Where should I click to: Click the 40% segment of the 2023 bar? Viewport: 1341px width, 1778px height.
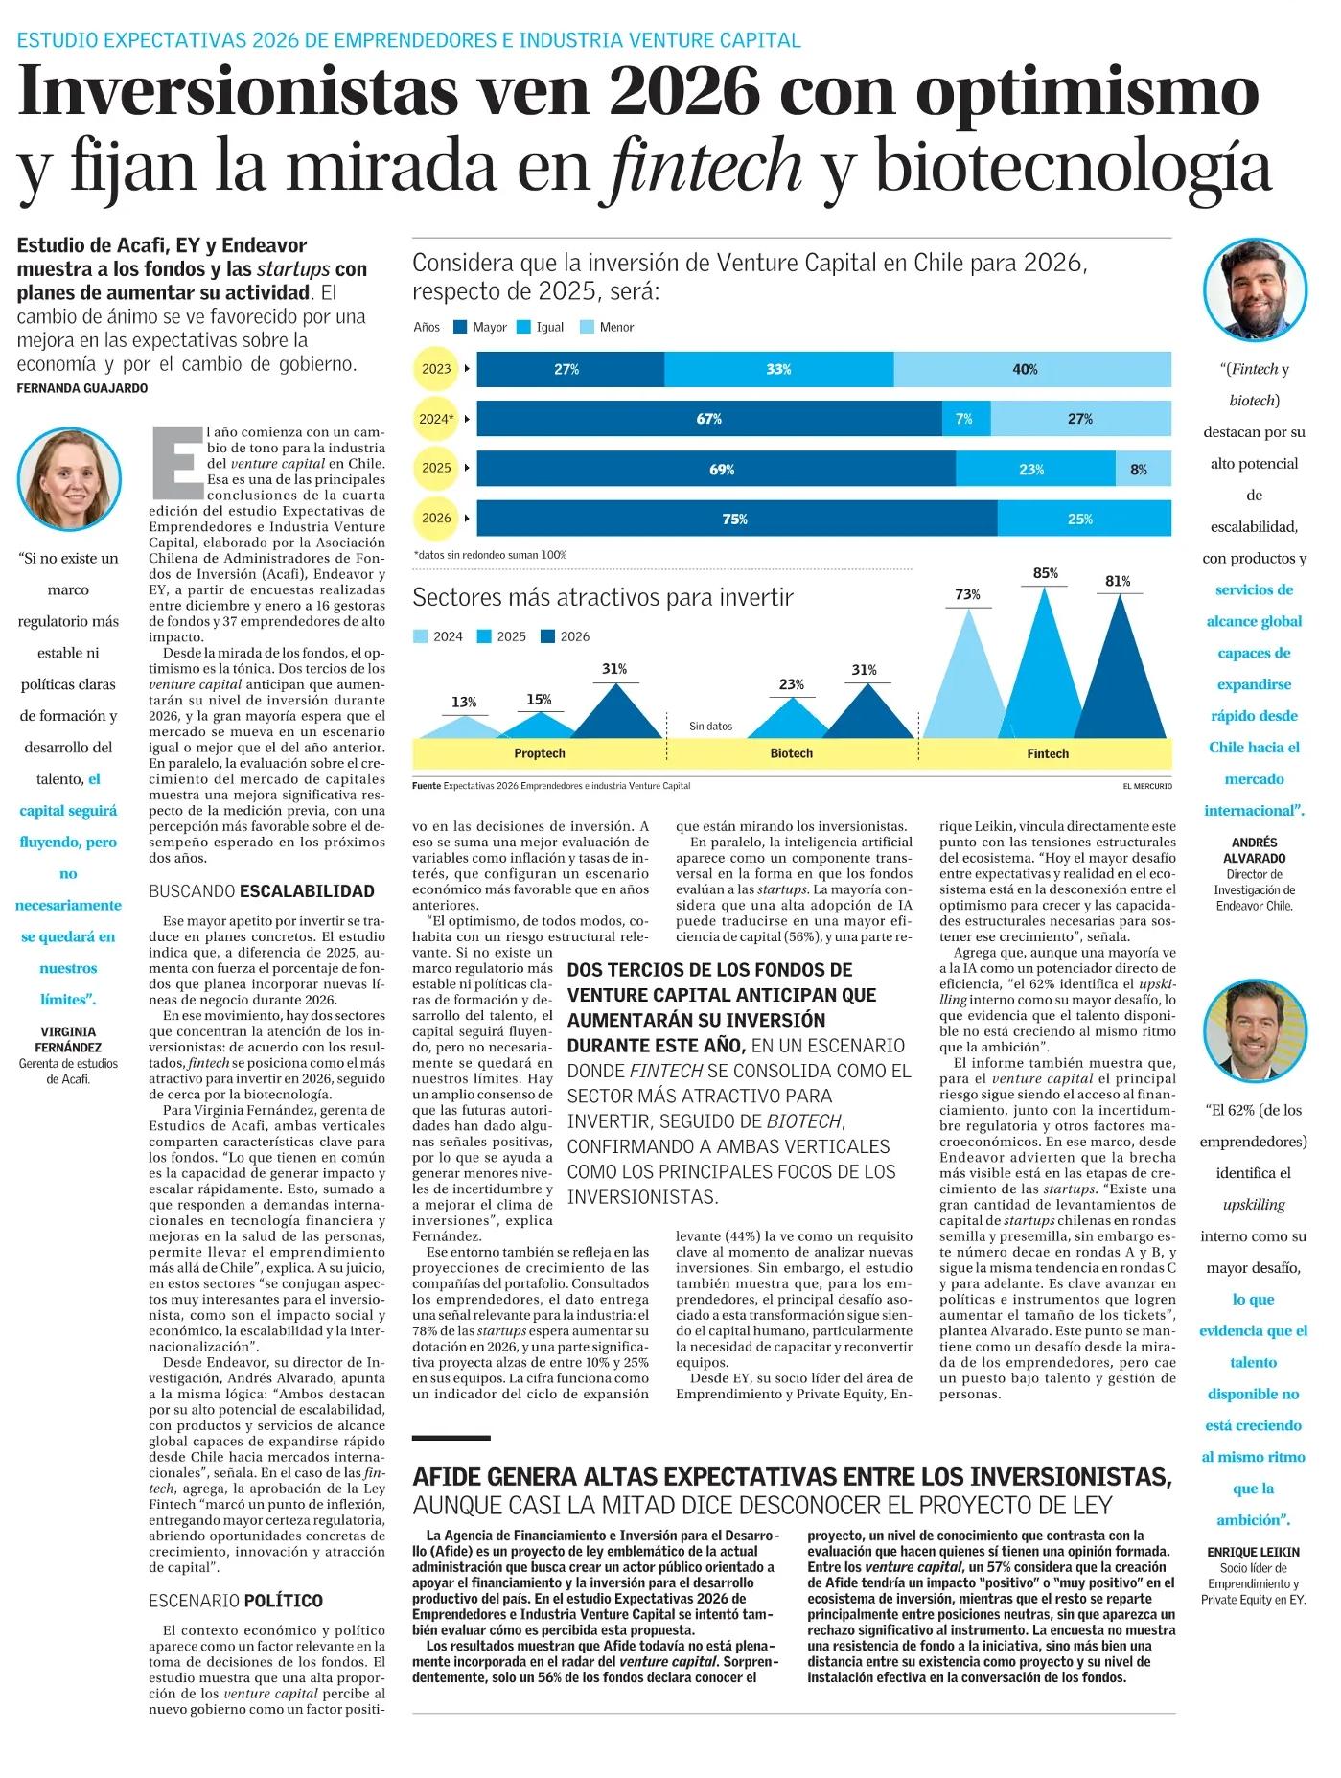[1031, 369]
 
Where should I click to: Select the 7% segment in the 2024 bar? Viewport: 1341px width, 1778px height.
[965, 419]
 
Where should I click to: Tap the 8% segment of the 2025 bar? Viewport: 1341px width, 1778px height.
[1142, 469]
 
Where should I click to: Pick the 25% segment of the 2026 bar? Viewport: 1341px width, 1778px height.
[1082, 519]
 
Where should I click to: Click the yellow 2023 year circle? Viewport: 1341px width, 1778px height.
[436, 369]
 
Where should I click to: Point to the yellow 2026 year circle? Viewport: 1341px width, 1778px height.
[436, 519]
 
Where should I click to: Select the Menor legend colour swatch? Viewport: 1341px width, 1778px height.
[588, 327]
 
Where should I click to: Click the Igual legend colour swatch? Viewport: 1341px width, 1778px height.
[523, 327]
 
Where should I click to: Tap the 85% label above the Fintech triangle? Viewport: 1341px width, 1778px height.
[1045, 573]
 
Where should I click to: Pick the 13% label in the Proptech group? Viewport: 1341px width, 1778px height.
[464, 703]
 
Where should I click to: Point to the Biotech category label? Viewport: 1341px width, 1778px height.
[791, 753]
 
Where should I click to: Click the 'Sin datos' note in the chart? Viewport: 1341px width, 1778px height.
[711, 727]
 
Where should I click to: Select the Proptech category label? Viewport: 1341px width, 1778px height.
[540, 753]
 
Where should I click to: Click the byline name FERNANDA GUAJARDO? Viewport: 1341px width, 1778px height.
[82, 388]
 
